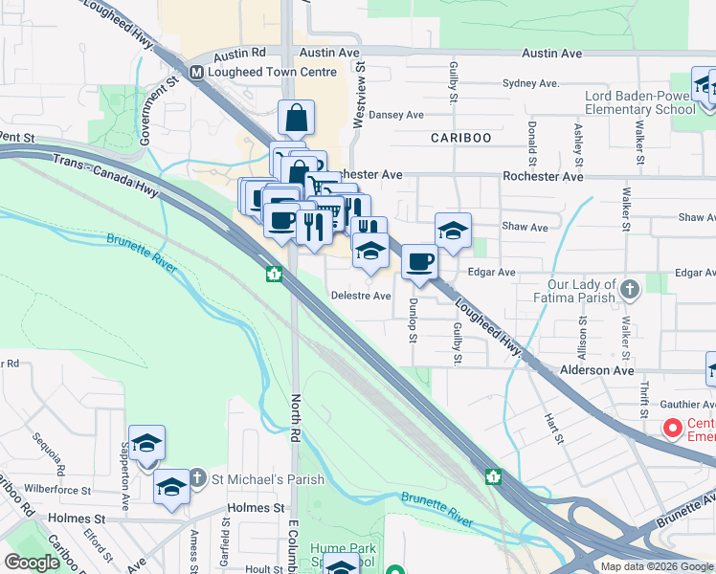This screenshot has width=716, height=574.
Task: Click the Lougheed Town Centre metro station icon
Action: [196, 72]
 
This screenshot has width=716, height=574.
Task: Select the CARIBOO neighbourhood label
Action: [460, 138]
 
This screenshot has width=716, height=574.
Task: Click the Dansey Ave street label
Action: [395, 115]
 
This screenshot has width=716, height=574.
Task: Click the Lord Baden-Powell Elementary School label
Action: [641, 102]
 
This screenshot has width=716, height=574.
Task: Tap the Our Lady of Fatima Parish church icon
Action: [630, 288]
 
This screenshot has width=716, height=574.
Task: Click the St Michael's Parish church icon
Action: [196, 478]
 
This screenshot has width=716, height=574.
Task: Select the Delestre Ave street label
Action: [361, 296]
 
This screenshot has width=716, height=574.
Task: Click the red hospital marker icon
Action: [672, 429]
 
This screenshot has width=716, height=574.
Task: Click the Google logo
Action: [33, 563]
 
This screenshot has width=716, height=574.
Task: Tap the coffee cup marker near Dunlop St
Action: [419, 262]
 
